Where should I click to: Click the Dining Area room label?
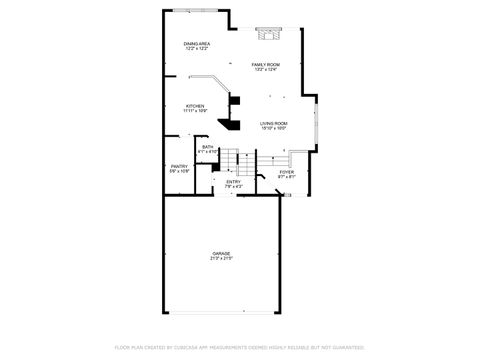(x=197, y=44)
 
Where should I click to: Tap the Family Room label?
(x=266, y=64)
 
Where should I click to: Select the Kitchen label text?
(x=194, y=105)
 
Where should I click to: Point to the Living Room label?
(x=274, y=123)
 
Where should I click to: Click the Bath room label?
(x=208, y=147)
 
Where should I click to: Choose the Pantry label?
(x=179, y=166)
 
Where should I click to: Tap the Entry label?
(x=234, y=181)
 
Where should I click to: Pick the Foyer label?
(x=287, y=172)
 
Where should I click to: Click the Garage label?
(x=222, y=254)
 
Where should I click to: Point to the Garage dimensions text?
(x=222, y=259)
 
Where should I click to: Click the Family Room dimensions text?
(x=266, y=69)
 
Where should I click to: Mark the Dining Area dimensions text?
(x=197, y=49)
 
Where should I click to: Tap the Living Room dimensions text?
(x=274, y=128)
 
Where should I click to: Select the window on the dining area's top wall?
(x=190, y=11)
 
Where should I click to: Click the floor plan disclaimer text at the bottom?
(x=239, y=347)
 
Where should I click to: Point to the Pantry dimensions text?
(x=179, y=171)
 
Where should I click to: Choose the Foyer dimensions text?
(x=287, y=177)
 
